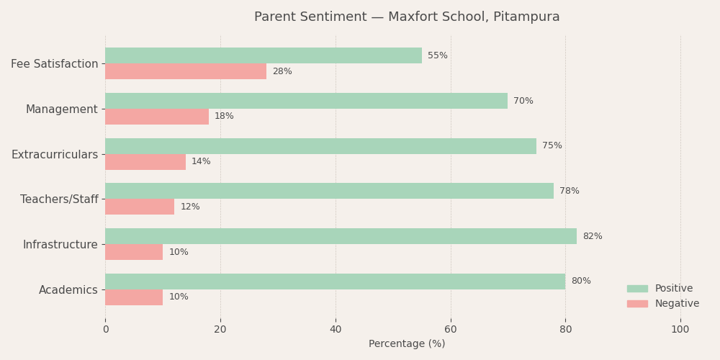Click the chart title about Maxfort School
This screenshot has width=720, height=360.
pos(407,17)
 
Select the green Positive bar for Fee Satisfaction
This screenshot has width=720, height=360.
pos(264,55)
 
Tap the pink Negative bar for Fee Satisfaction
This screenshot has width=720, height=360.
pos(186,71)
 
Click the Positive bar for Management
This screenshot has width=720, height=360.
pos(306,101)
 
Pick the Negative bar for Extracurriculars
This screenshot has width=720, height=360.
pos(145,162)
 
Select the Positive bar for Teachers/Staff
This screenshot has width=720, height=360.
pos(329,191)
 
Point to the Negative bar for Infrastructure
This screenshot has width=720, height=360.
pos(134,252)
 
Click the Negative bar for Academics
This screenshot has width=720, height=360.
pos(134,297)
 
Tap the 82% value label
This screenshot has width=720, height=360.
pos(593,236)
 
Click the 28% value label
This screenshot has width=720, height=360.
pos(282,71)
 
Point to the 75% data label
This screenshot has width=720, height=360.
pos(552,146)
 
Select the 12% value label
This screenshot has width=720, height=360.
pos(190,207)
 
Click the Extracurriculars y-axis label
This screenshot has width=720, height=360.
pos(55,155)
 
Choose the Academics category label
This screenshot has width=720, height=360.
pos(68,290)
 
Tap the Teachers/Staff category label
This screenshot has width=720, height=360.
pos(59,199)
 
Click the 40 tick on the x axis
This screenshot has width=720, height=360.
pos(336,330)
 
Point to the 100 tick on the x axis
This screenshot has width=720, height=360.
pos(680,330)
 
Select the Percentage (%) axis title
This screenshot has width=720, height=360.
pos(407,344)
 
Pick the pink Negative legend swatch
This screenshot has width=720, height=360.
pos(637,304)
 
